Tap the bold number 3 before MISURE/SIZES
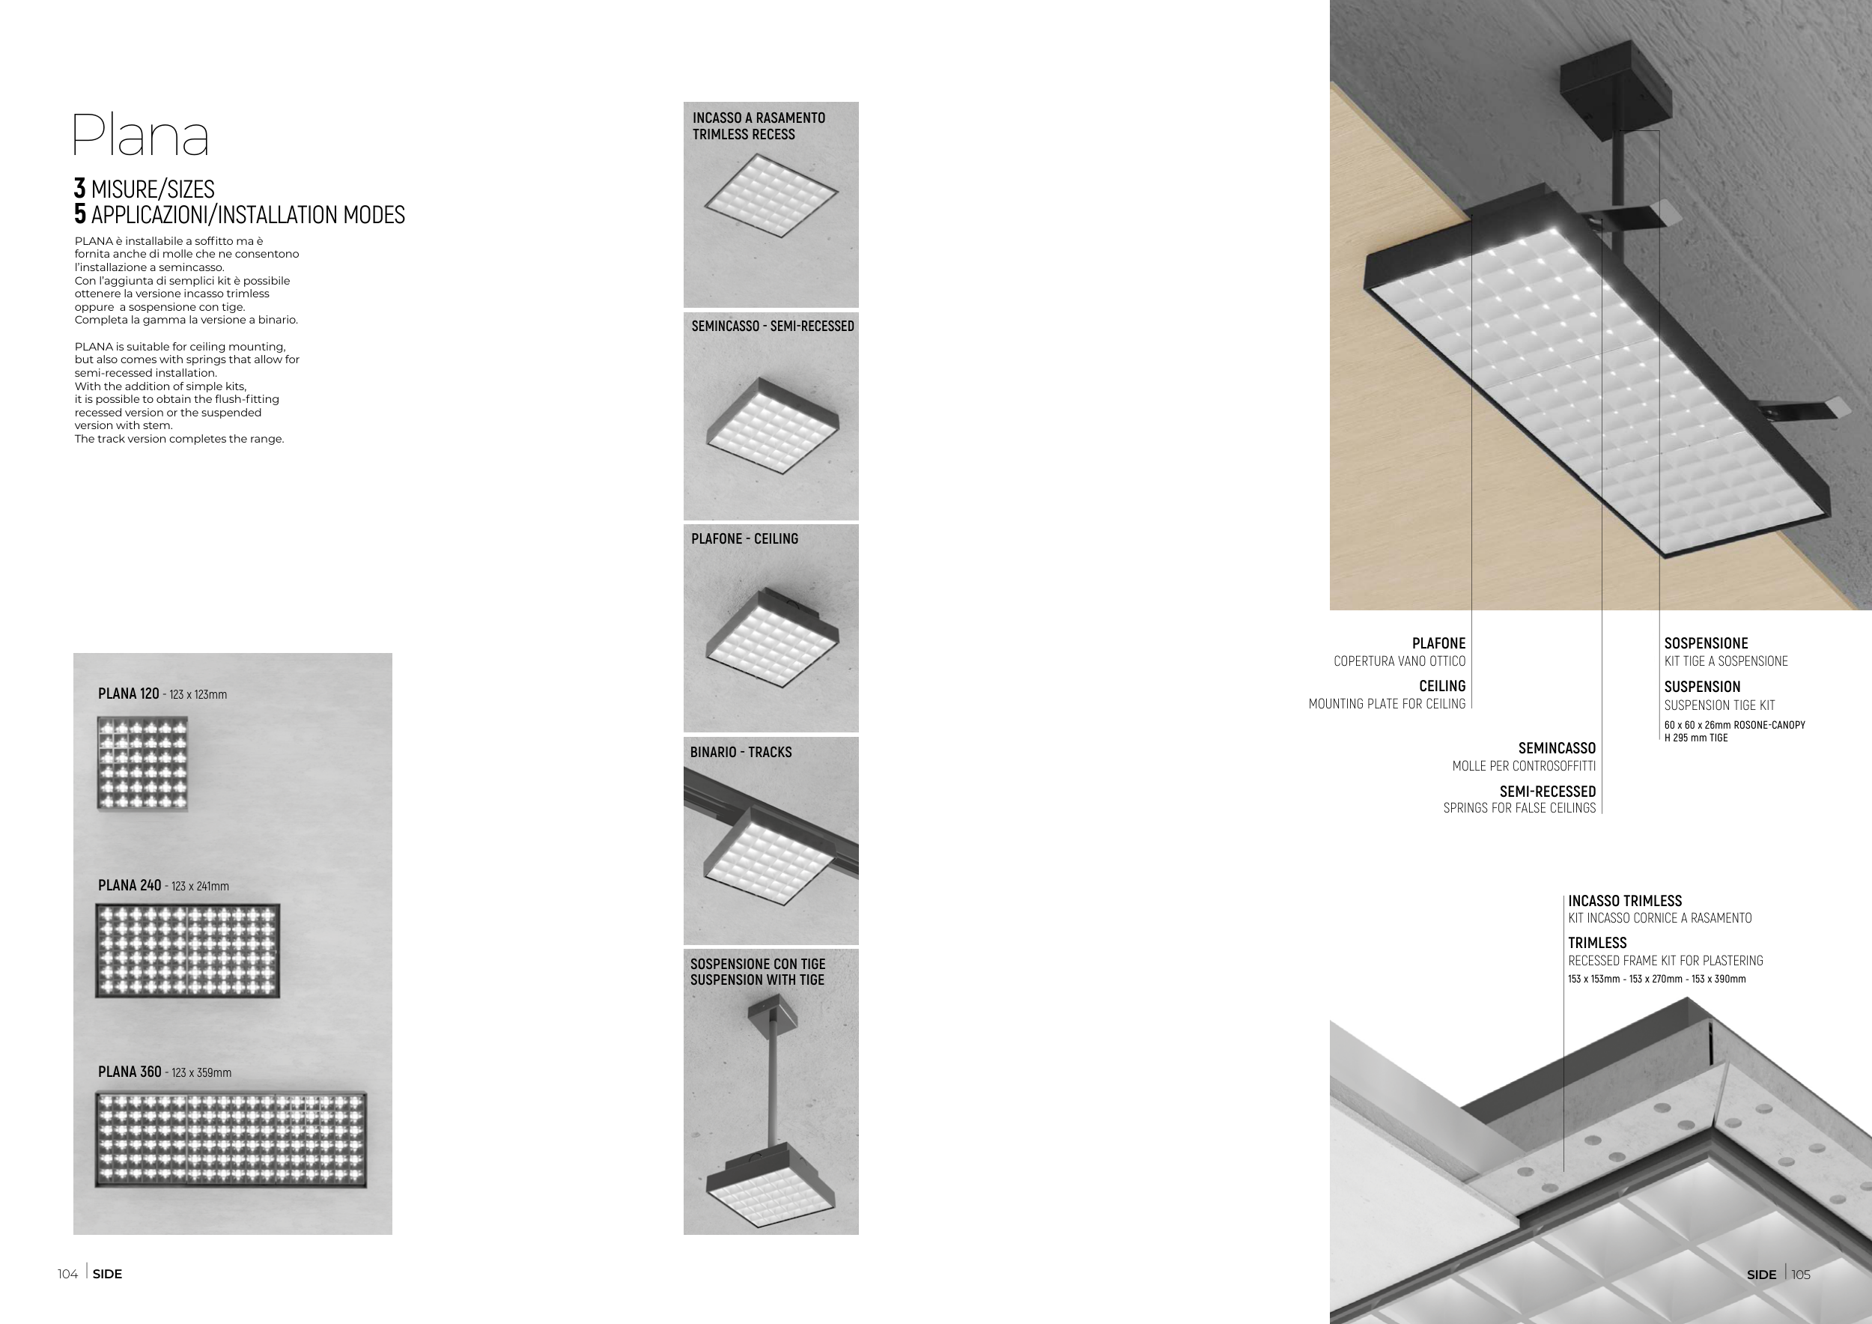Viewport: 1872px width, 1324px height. click(x=80, y=188)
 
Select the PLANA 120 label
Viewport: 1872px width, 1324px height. click(x=128, y=693)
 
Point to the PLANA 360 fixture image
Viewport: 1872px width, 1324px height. click(x=231, y=1140)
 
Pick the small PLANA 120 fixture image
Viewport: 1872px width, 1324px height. click(x=143, y=764)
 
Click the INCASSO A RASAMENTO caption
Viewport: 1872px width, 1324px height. click(x=759, y=118)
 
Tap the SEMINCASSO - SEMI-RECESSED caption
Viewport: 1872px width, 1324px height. click(x=773, y=326)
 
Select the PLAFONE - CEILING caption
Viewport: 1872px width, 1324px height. click(x=744, y=539)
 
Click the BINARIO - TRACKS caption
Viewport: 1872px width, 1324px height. click(x=741, y=752)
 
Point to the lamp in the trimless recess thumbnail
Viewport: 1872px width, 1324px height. click(x=771, y=195)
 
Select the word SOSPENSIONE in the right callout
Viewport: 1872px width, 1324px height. click(x=1706, y=643)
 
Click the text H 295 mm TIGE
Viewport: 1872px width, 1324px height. click(x=1696, y=738)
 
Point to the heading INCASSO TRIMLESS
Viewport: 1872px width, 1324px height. click(x=1625, y=901)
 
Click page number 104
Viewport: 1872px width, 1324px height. click(x=67, y=1275)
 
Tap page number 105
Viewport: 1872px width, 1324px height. click(x=1801, y=1275)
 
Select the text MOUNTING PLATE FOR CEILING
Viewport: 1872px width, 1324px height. click(x=1387, y=704)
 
